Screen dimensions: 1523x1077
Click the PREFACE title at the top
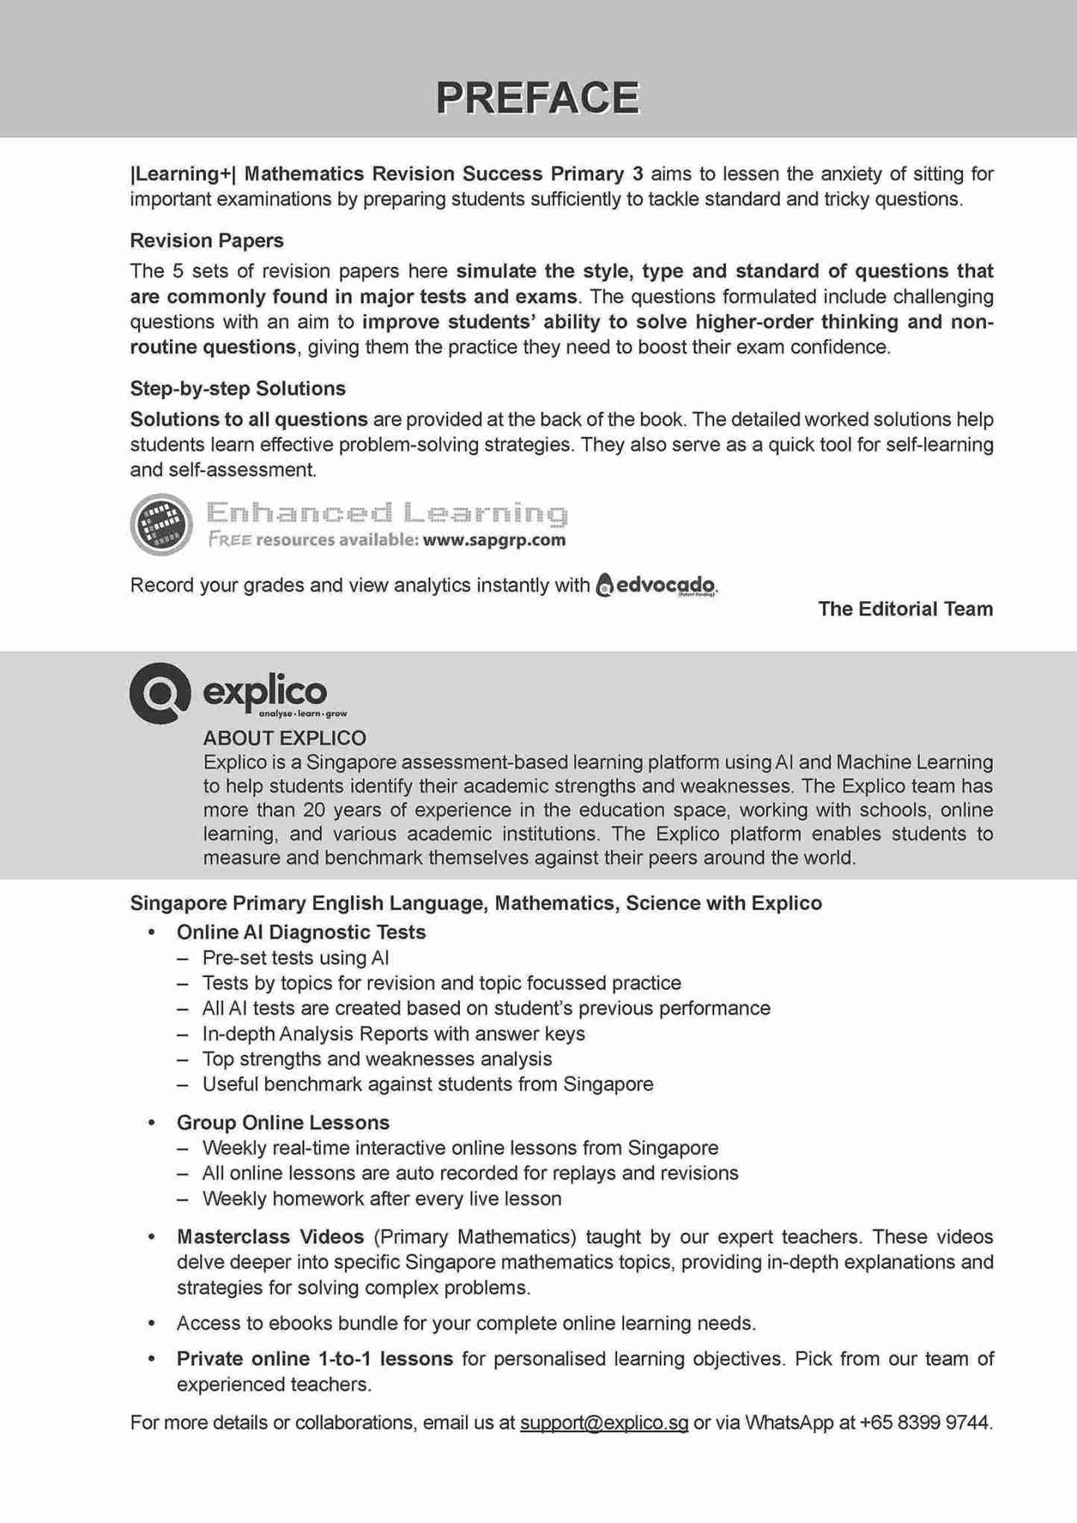(537, 98)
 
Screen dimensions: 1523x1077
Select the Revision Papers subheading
(206, 241)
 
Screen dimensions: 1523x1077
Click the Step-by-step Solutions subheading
(238, 389)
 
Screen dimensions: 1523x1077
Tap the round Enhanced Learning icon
(161, 524)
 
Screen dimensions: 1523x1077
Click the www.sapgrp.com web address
(493, 540)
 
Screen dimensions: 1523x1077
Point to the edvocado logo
(657, 585)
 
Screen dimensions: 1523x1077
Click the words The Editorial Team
(905, 609)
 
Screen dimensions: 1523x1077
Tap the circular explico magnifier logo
(160, 693)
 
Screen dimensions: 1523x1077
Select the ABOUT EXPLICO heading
(285, 738)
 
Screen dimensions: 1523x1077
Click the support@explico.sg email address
(604, 1423)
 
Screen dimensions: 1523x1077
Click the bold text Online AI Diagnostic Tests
(301, 932)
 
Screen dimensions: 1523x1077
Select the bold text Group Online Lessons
(282, 1122)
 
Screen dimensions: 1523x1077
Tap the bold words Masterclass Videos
(270, 1237)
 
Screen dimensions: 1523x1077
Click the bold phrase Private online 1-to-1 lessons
(315, 1359)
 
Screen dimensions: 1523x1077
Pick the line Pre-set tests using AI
(295, 958)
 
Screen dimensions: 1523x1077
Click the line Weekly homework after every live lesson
(382, 1199)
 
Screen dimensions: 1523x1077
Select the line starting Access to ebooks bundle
(466, 1324)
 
